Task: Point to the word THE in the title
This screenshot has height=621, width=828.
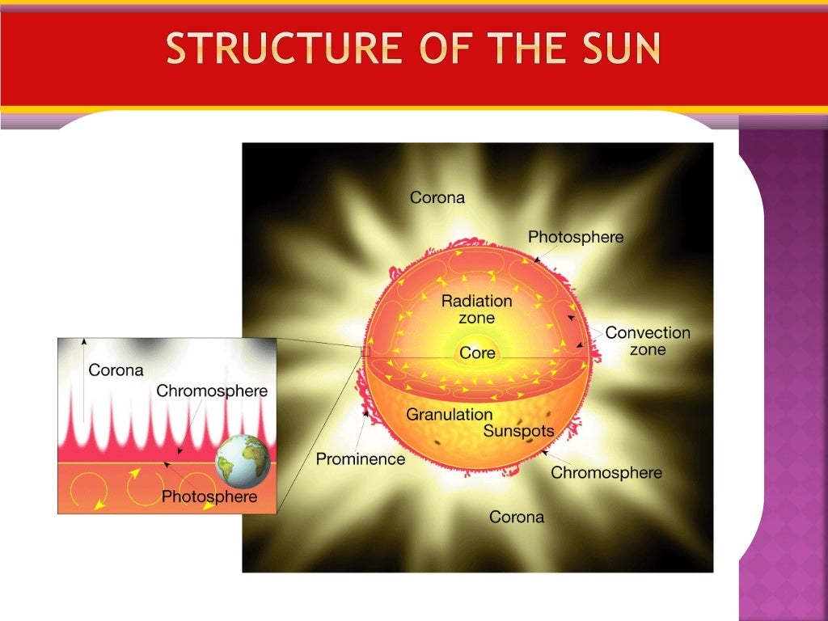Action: [529, 49]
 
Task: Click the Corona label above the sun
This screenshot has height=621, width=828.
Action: [437, 197]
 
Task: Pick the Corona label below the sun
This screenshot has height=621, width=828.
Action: [517, 517]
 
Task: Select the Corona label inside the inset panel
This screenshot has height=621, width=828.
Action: [116, 371]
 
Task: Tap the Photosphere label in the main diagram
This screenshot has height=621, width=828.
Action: [576, 237]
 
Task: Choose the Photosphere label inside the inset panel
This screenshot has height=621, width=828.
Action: [209, 496]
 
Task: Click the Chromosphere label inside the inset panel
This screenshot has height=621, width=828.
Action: [212, 391]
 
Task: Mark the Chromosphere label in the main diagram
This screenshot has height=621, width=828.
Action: [606, 473]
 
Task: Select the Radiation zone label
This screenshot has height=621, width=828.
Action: [477, 309]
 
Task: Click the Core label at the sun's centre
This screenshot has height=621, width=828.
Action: [477, 353]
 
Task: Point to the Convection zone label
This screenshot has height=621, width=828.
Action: [648, 341]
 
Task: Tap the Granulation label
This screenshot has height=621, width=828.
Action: [449, 415]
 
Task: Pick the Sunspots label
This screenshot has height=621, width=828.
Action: [518, 431]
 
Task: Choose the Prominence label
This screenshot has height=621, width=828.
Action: [361, 459]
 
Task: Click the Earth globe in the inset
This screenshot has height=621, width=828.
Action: [242, 462]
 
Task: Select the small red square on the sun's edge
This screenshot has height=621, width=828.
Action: [365, 352]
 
